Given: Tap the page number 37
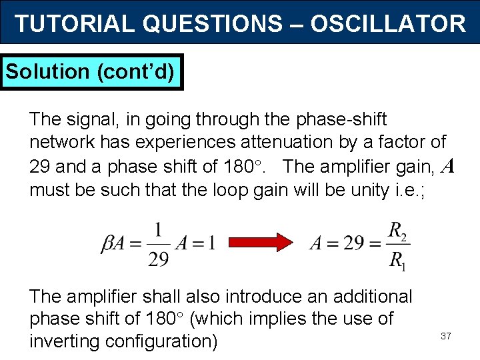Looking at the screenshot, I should tap(446, 336).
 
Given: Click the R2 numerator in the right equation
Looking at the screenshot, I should tap(397, 231).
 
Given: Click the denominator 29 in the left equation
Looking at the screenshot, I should tap(158, 259).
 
